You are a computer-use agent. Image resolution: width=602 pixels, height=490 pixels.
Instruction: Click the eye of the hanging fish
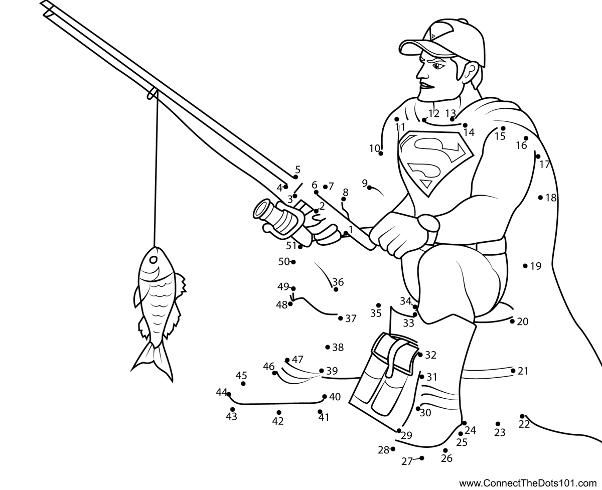point(154,259)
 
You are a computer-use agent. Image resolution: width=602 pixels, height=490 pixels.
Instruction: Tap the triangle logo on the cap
point(433,36)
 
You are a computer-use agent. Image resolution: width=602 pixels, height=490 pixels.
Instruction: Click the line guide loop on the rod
point(152,93)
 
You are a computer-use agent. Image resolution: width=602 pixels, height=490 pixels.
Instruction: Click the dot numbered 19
point(525,266)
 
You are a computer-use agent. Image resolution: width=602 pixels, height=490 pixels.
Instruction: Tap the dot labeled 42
point(279,413)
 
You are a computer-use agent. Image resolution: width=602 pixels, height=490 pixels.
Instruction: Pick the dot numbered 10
point(381,153)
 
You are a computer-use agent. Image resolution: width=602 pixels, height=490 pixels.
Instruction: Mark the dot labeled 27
point(422,458)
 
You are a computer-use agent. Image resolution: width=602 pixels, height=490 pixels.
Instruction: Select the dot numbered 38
point(328,347)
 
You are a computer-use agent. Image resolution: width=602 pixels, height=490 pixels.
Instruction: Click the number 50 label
point(284,262)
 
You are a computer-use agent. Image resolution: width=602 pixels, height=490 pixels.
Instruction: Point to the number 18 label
point(551,198)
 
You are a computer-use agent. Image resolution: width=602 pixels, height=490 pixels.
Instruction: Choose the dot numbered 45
point(243,384)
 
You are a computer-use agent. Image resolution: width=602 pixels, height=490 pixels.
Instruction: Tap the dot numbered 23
point(498,424)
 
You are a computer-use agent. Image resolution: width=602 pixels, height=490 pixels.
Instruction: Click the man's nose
point(420,73)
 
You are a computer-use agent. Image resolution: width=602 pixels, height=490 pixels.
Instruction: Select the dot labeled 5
point(295,177)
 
